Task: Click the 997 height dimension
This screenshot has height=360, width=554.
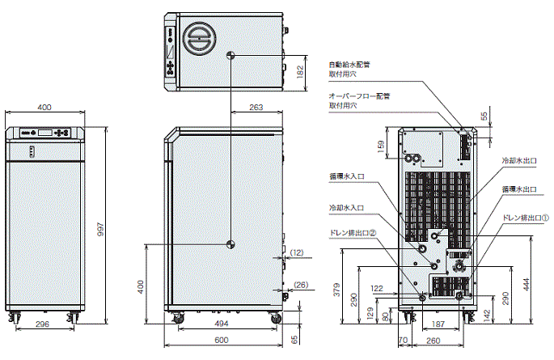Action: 100,229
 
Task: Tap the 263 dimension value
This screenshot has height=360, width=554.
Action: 256,107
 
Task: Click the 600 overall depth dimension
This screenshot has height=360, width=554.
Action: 226,341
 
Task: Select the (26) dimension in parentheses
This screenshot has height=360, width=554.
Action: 300,284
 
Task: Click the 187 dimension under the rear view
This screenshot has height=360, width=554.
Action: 438,324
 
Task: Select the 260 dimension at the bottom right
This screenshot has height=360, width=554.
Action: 434,341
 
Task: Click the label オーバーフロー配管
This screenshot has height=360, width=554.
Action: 359,95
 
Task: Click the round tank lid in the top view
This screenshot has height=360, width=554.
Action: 198,38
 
